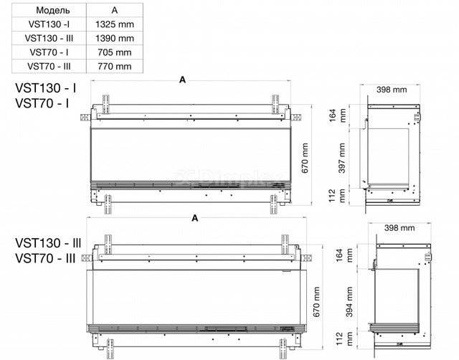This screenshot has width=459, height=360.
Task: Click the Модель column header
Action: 53,10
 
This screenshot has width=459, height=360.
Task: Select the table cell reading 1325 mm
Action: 115,24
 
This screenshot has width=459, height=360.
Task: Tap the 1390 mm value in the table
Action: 115,38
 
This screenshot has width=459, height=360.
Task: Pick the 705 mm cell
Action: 115,52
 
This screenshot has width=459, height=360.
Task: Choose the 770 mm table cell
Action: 115,67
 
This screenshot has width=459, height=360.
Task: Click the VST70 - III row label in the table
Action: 49,67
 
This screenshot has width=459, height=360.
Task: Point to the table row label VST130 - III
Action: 49,38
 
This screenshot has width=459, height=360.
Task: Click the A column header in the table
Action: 115,10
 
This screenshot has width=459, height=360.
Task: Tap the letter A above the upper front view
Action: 182,80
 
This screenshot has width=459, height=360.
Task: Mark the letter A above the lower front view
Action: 195,218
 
